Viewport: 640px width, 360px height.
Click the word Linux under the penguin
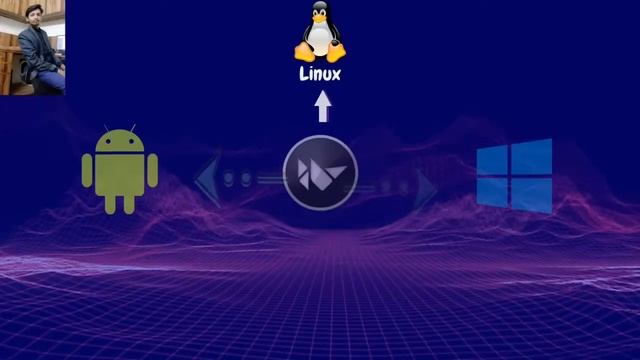pyautogui.click(x=320, y=74)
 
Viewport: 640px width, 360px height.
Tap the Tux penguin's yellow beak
pyautogui.click(x=320, y=20)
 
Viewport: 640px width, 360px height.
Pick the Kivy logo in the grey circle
pyautogui.click(x=320, y=172)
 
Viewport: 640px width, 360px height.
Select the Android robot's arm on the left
pyautogui.click(x=88, y=172)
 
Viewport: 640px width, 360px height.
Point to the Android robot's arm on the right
pyautogui.click(x=152, y=172)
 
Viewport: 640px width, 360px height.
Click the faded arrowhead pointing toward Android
pyautogui.click(x=208, y=180)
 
